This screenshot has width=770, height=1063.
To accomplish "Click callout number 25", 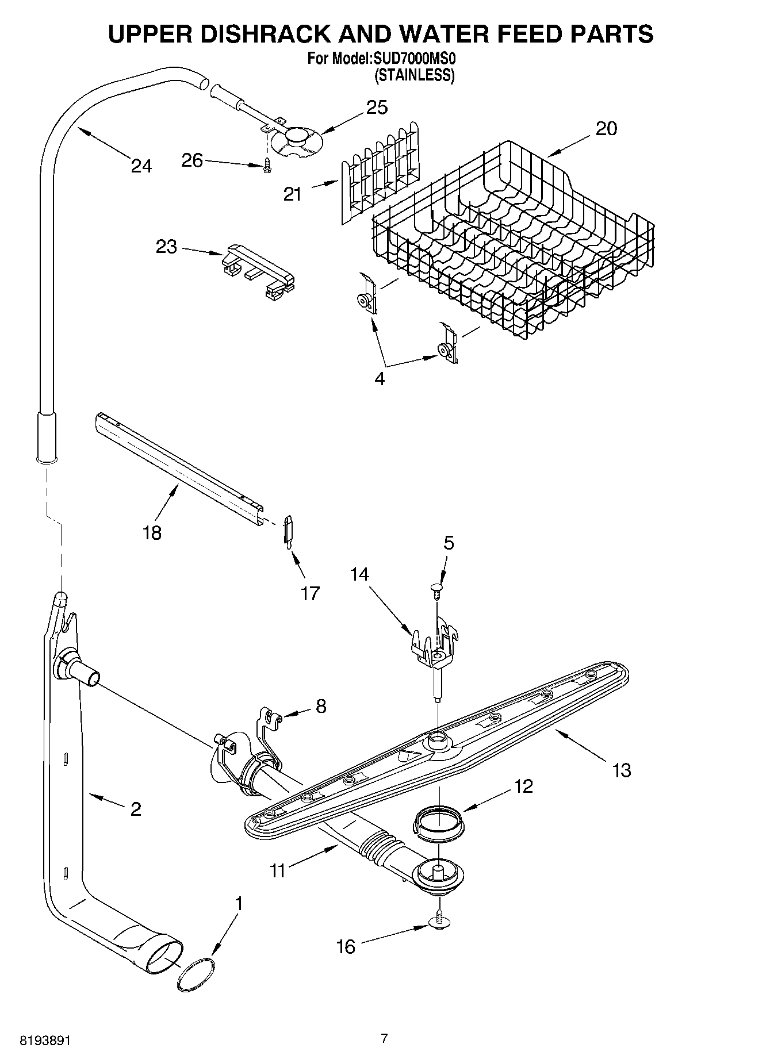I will pyautogui.click(x=377, y=108).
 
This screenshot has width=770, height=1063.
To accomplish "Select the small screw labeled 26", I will pyautogui.click(x=267, y=166).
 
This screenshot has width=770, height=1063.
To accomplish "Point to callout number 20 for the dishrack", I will pyautogui.click(x=606, y=128).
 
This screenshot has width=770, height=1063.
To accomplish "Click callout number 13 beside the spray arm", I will pyautogui.click(x=622, y=770).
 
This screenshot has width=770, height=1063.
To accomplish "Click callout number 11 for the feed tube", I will pyautogui.click(x=278, y=871).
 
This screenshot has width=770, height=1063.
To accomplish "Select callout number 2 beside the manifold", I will pyautogui.click(x=136, y=809).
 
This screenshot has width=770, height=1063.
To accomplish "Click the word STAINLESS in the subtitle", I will pyautogui.click(x=415, y=75).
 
